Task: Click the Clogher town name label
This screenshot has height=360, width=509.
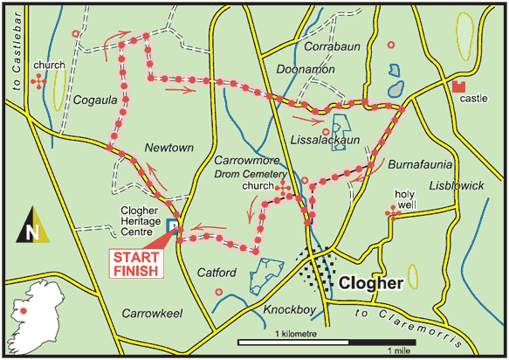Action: tap(370, 284)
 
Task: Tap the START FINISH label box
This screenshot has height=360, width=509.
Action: tap(138, 263)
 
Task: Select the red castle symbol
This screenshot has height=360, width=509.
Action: tap(459, 86)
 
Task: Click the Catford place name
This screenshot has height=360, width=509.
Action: tap(216, 272)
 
